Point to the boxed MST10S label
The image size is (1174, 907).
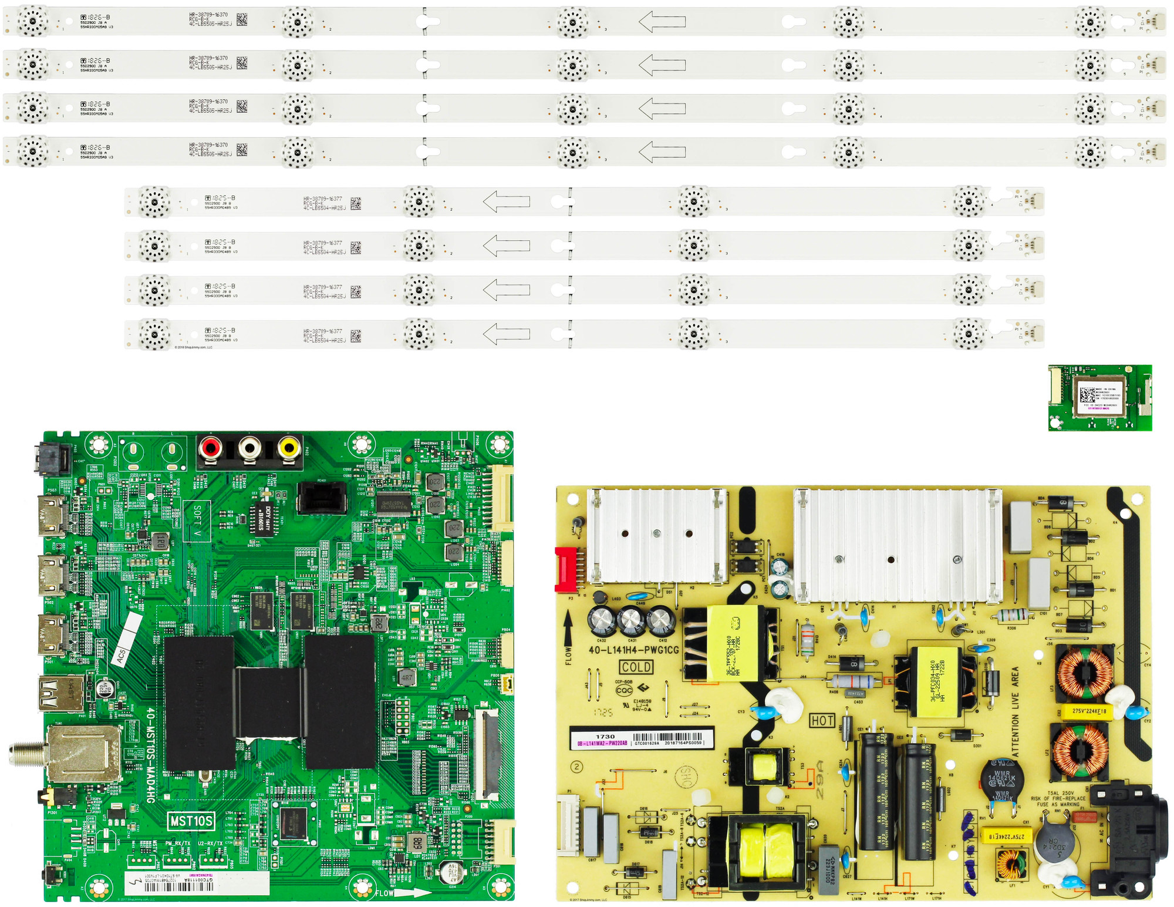pos(191,821)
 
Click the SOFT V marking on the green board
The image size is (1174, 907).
pos(197,521)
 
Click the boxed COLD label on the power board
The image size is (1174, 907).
pos(636,667)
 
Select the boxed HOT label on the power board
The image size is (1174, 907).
pos(822,720)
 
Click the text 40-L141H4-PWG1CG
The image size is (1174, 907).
pos(633,650)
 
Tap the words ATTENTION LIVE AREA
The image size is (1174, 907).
pos(1015,710)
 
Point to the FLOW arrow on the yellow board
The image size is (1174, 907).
pos(568,637)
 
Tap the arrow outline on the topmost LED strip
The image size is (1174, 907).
pos(662,22)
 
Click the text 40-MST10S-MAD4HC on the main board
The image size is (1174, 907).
pos(150,755)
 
